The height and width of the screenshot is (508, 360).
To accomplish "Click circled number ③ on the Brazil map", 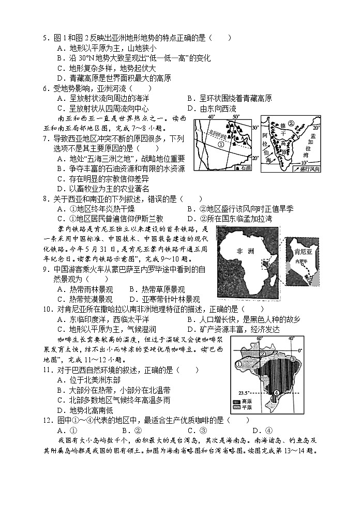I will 293,359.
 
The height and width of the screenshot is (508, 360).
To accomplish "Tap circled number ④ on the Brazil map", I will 277,393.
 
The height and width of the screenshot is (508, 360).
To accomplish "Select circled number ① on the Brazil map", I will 239,364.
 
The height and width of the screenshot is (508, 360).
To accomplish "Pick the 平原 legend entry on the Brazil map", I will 248,407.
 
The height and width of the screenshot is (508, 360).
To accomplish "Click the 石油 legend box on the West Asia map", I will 245,168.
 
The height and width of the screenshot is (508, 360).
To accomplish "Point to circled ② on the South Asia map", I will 291,124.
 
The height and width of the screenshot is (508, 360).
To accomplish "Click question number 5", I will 46,38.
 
